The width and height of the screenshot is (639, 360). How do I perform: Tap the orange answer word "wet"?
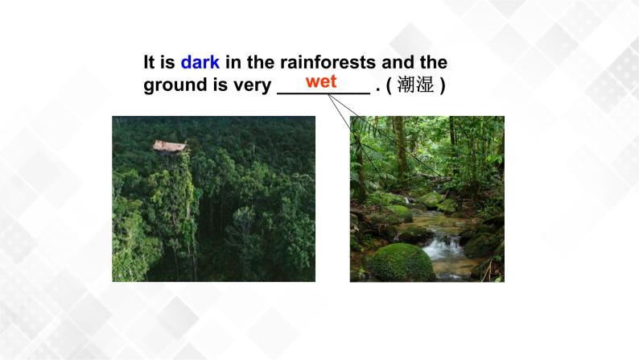pos(321,81)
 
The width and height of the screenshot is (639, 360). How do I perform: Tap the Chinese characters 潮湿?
pos(417,85)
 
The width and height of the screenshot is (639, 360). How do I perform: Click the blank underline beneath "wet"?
pos(323,93)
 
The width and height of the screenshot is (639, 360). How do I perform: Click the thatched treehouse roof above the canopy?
pos(171,146)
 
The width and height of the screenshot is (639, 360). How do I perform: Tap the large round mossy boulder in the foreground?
pos(400,263)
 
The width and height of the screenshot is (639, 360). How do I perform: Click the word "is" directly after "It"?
pos(168,62)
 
